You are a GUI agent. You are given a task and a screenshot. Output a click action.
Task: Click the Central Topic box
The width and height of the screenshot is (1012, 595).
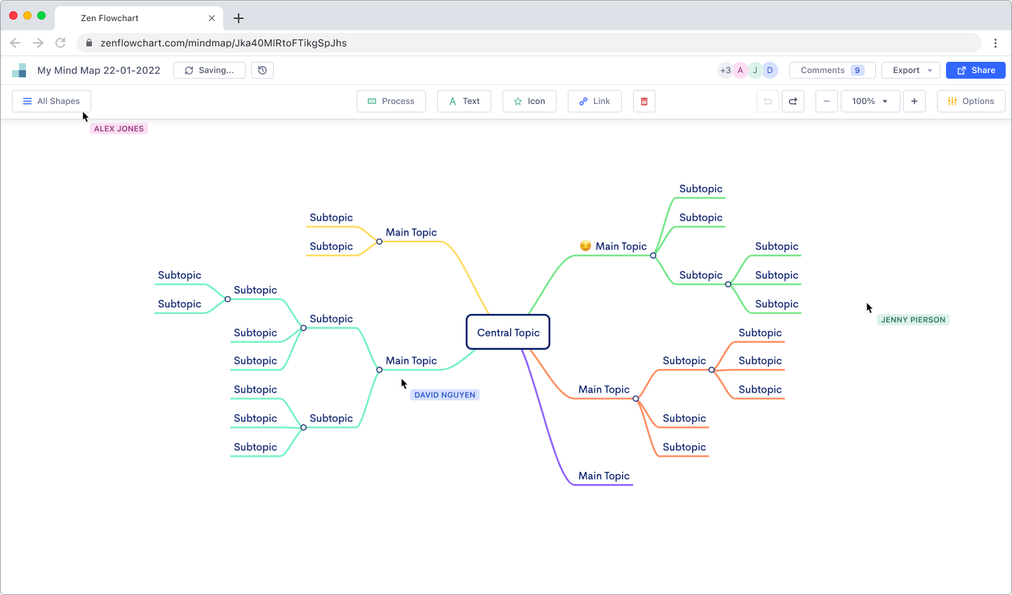pyautogui.click(x=508, y=332)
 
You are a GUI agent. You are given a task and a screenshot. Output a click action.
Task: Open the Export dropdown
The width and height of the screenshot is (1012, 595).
pyautogui.click(x=911, y=70)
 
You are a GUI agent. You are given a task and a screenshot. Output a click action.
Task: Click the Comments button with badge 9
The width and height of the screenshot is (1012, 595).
pyautogui.click(x=832, y=70)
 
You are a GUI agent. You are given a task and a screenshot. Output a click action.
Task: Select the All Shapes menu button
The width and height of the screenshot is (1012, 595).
pyautogui.click(x=51, y=101)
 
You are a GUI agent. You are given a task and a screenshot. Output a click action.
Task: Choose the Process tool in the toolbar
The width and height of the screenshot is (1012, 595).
pyautogui.click(x=391, y=101)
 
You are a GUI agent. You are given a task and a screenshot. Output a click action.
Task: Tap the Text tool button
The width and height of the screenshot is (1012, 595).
pyautogui.click(x=464, y=101)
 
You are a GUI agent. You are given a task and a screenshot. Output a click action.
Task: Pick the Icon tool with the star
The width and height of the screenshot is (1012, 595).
pyautogui.click(x=529, y=101)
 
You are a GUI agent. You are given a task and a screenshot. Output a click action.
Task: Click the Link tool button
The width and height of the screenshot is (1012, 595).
pyautogui.click(x=594, y=101)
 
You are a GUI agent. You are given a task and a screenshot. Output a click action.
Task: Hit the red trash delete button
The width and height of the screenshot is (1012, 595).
pyautogui.click(x=644, y=101)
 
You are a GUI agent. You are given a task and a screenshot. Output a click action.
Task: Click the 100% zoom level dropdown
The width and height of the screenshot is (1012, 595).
pyautogui.click(x=870, y=101)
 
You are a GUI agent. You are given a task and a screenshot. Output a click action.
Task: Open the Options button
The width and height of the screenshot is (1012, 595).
pyautogui.click(x=971, y=101)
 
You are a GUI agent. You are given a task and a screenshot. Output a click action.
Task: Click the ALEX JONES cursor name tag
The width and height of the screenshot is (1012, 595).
pyautogui.click(x=119, y=129)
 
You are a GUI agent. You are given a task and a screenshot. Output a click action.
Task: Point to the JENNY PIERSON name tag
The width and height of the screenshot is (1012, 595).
pyautogui.click(x=913, y=320)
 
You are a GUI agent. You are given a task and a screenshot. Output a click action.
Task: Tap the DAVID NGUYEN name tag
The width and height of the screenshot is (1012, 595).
pyautogui.click(x=445, y=395)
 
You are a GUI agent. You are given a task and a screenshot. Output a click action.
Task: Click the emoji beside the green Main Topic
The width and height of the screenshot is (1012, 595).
pyautogui.click(x=585, y=246)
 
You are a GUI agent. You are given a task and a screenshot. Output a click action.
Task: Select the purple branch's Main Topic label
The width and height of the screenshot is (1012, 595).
pyautogui.click(x=604, y=476)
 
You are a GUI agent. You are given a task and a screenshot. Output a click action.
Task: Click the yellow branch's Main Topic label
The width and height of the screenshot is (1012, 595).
pyautogui.click(x=411, y=233)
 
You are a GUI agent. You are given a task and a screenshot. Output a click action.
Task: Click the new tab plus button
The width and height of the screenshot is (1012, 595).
pyautogui.click(x=239, y=18)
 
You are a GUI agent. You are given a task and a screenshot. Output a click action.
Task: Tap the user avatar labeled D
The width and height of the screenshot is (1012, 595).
pyautogui.click(x=770, y=70)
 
